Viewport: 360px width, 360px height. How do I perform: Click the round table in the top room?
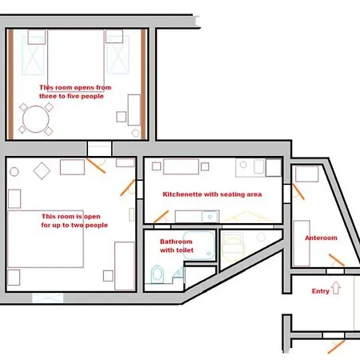click(x=34, y=120)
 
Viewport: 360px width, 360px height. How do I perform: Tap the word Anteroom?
click(x=321, y=238)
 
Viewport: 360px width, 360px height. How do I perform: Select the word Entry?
click(x=320, y=291)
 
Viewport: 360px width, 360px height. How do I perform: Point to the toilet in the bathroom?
click(x=157, y=274)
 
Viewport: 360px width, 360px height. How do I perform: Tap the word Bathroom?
click(x=176, y=241)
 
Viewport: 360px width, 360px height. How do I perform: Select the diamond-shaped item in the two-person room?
click(x=42, y=169)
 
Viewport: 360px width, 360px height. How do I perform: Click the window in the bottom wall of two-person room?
click(x=47, y=298)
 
